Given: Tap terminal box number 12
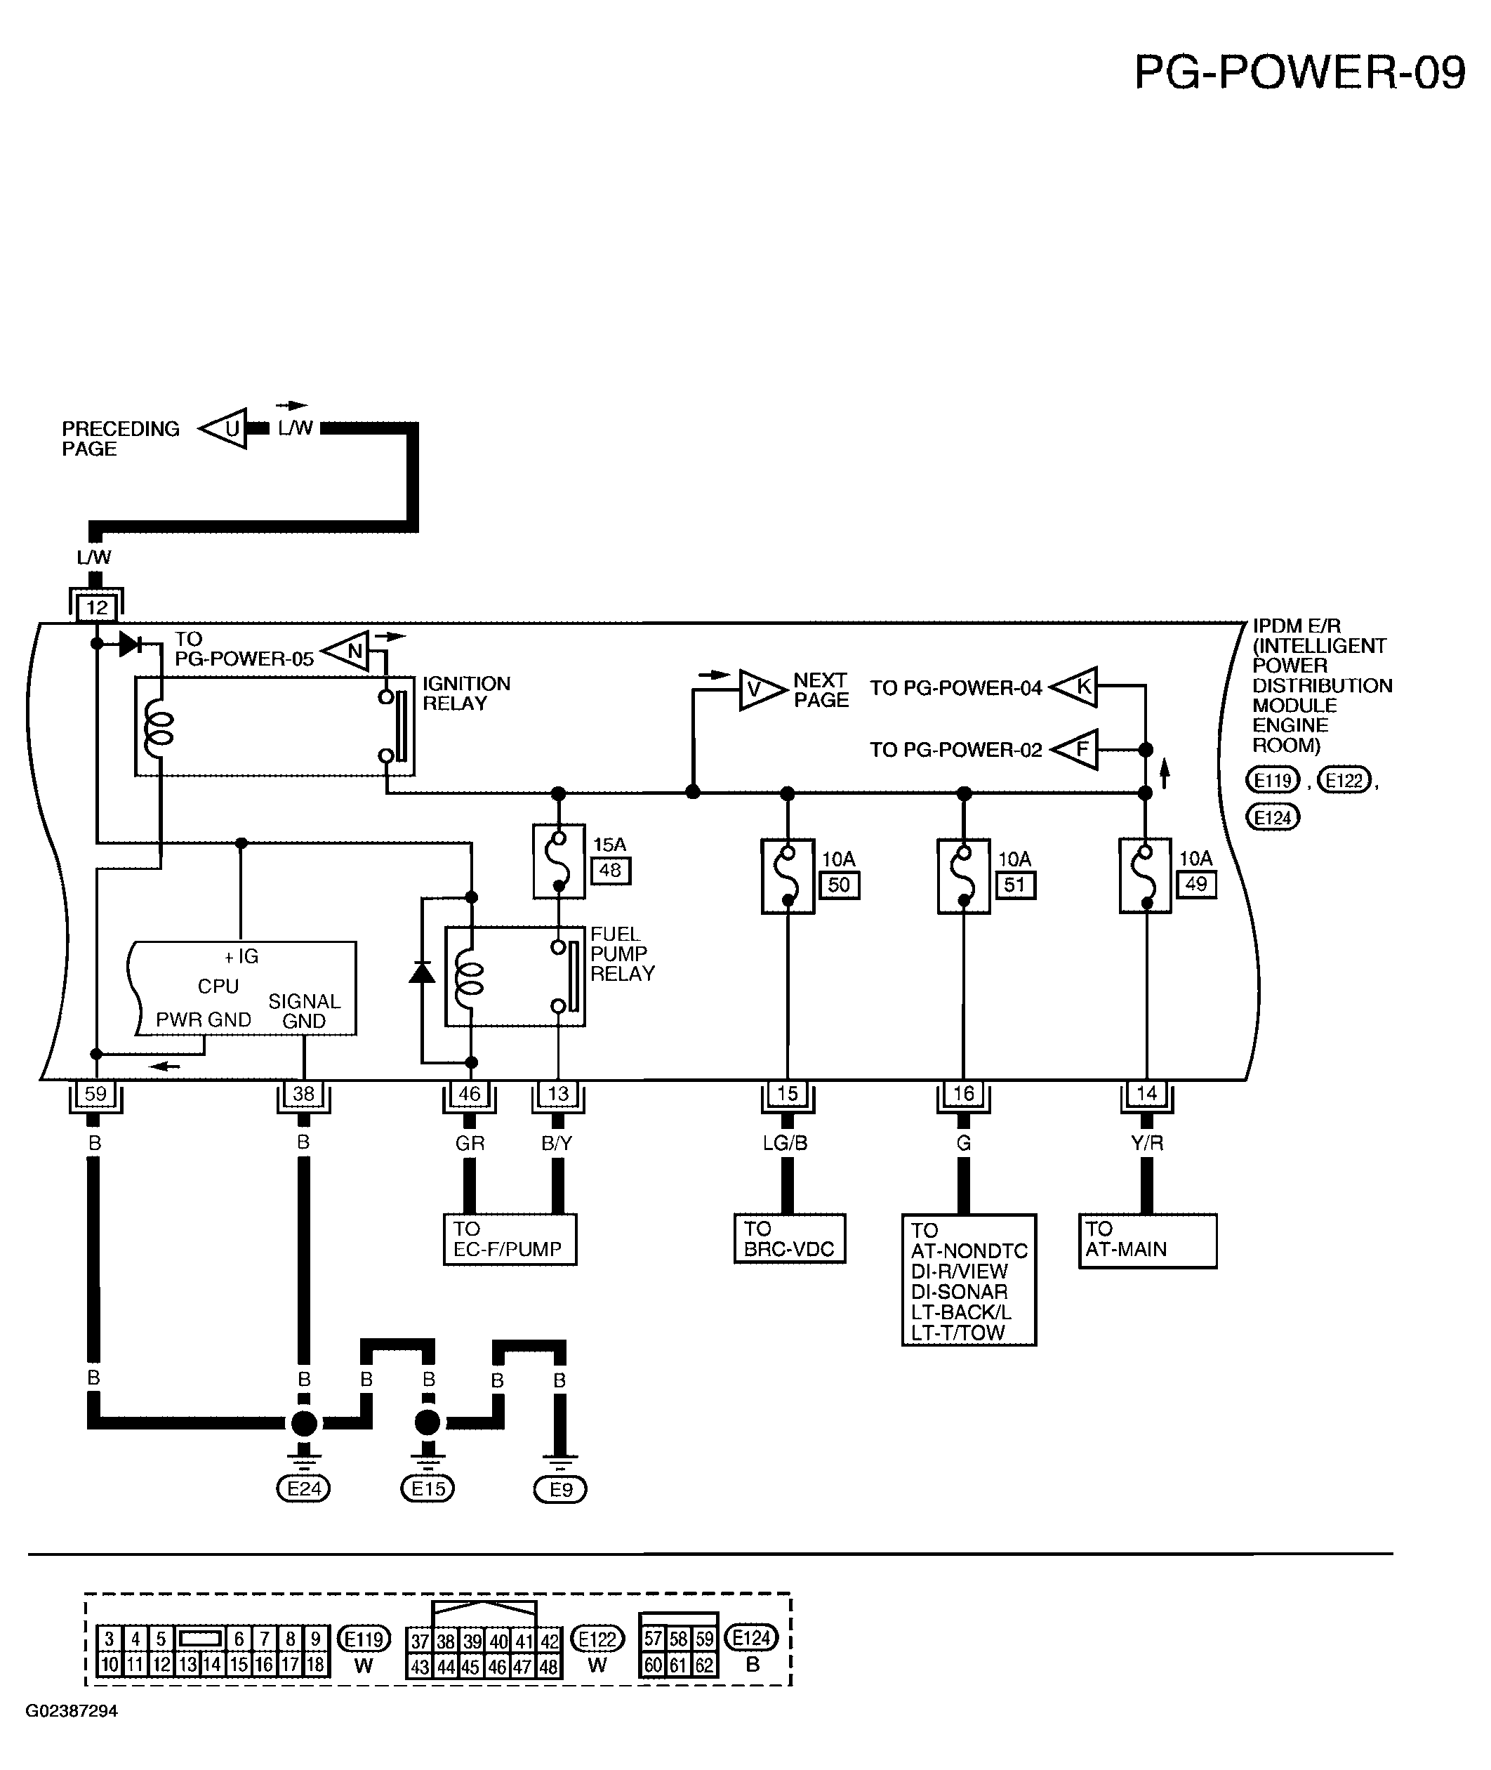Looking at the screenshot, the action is click(x=96, y=607).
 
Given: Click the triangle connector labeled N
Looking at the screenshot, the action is click(x=347, y=651).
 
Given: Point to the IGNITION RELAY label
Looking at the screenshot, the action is click(x=465, y=693).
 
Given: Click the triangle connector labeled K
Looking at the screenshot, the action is click(x=1074, y=687).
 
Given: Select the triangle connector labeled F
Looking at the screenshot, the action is click(x=1074, y=749).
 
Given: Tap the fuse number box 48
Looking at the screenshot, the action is click(x=610, y=870).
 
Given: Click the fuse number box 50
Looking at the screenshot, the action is click(x=840, y=885).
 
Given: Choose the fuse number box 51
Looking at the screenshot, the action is click(x=1014, y=885).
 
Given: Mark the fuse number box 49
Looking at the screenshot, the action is click(x=1196, y=884).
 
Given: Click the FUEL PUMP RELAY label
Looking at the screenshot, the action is click(x=622, y=953).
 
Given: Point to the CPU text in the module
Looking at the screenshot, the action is click(x=218, y=986).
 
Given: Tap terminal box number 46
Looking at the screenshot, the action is click(x=469, y=1094).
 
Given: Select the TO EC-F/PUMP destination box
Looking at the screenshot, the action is click(x=510, y=1239).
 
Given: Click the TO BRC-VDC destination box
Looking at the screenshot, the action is click(x=790, y=1239).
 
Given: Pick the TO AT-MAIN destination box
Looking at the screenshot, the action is click(x=1147, y=1241).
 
